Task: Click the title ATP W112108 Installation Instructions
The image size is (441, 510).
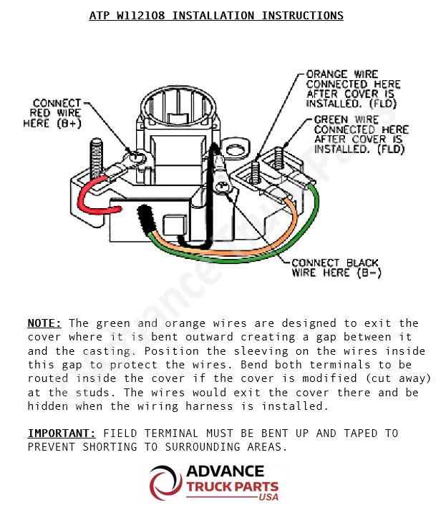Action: (216, 15)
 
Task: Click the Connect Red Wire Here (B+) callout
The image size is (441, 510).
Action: (57, 113)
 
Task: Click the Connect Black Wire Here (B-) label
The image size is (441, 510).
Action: (336, 268)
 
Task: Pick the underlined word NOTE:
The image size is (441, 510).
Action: (44, 323)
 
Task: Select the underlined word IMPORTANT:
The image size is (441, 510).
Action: (62, 433)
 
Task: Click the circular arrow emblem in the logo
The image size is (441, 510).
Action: (166, 484)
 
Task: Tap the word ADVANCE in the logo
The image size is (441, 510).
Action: (225, 472)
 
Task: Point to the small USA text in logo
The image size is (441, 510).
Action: (268, 497)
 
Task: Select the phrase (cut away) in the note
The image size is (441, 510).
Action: (400, 378)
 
